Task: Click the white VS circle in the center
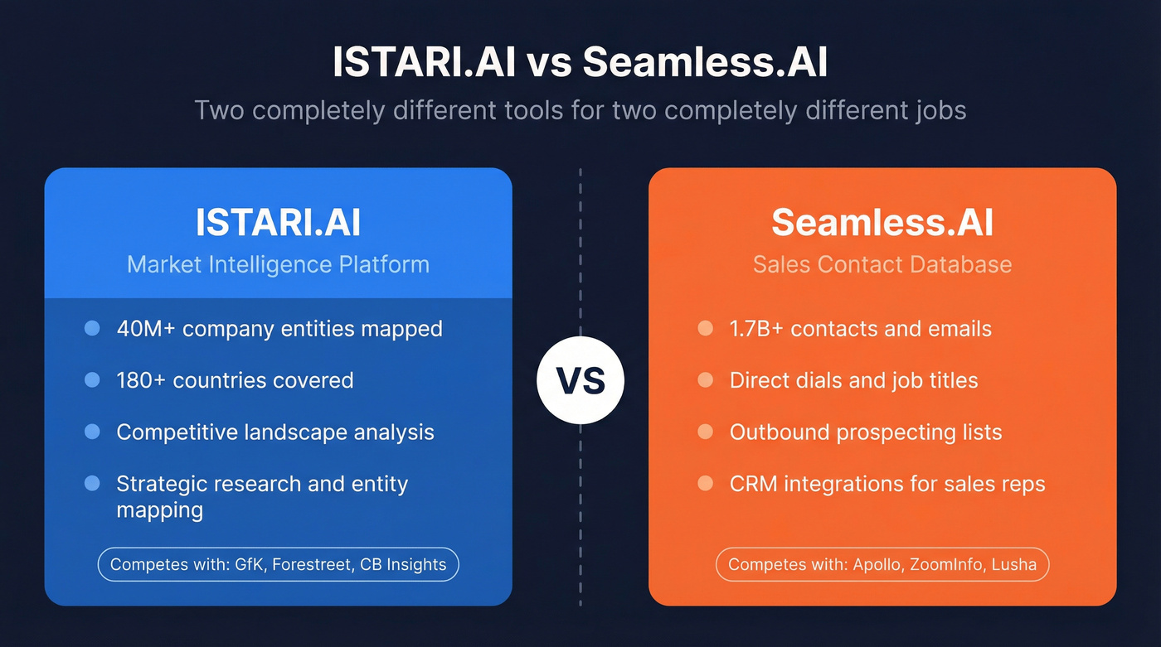[x=580, y=381]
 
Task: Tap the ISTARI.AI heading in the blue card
[x=278, y=222]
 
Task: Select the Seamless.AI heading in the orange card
[x=882, y=222]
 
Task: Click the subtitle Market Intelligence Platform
[x=278, y=264]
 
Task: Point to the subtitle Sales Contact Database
[x=882, y=264]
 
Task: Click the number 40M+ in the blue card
[x=145, y=329]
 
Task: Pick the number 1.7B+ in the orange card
[x=756, y=329]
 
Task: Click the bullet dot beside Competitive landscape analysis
[x=92, y=432]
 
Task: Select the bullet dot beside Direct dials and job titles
[x=705, y=380]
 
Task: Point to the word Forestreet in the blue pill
[x=306, y=565]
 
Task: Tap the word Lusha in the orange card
[x=1013, y=565]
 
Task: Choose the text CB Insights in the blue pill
[x=404, y=565]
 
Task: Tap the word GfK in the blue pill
[x=245, y=565]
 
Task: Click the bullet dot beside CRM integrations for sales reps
[x=705, y=483]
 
